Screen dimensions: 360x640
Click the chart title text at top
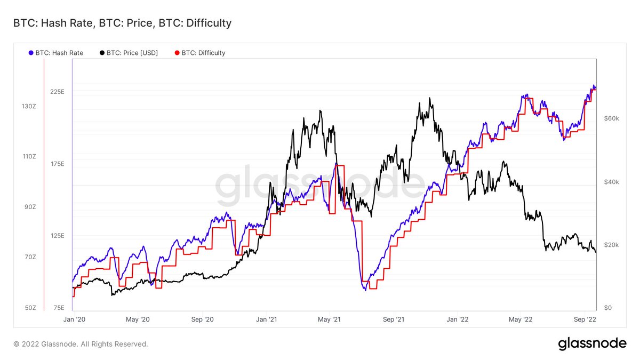point(122,23)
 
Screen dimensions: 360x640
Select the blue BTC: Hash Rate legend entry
point(57,53)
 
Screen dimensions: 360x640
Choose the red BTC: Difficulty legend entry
point(200,53)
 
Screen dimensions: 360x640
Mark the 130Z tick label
point(28,107)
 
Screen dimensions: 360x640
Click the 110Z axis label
point(28,157)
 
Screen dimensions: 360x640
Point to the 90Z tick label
point(30,207)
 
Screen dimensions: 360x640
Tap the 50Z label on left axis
point(30,308)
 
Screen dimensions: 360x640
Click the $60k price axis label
point(611,118)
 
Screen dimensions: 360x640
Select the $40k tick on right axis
point(611,182)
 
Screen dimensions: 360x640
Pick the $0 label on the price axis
point(607,308)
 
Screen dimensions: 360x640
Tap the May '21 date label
point(330,319)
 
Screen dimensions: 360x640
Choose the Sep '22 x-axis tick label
point(585,319)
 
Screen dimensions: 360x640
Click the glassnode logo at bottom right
point(592,344)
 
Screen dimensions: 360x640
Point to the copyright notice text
point(81,344)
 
